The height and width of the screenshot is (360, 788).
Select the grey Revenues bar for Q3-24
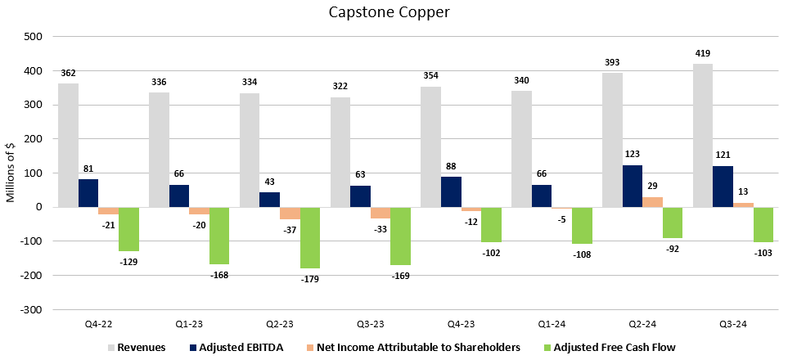(x=703, y=135)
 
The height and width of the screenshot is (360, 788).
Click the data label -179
(x=310, y=279)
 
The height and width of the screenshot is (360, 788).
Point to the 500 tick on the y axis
(x=34, y=37)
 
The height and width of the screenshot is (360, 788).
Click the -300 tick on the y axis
(x=31, y=310)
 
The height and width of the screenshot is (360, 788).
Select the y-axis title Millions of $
(x=11, y=172)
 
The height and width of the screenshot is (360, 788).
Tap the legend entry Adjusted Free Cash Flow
(x=614, y=347)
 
